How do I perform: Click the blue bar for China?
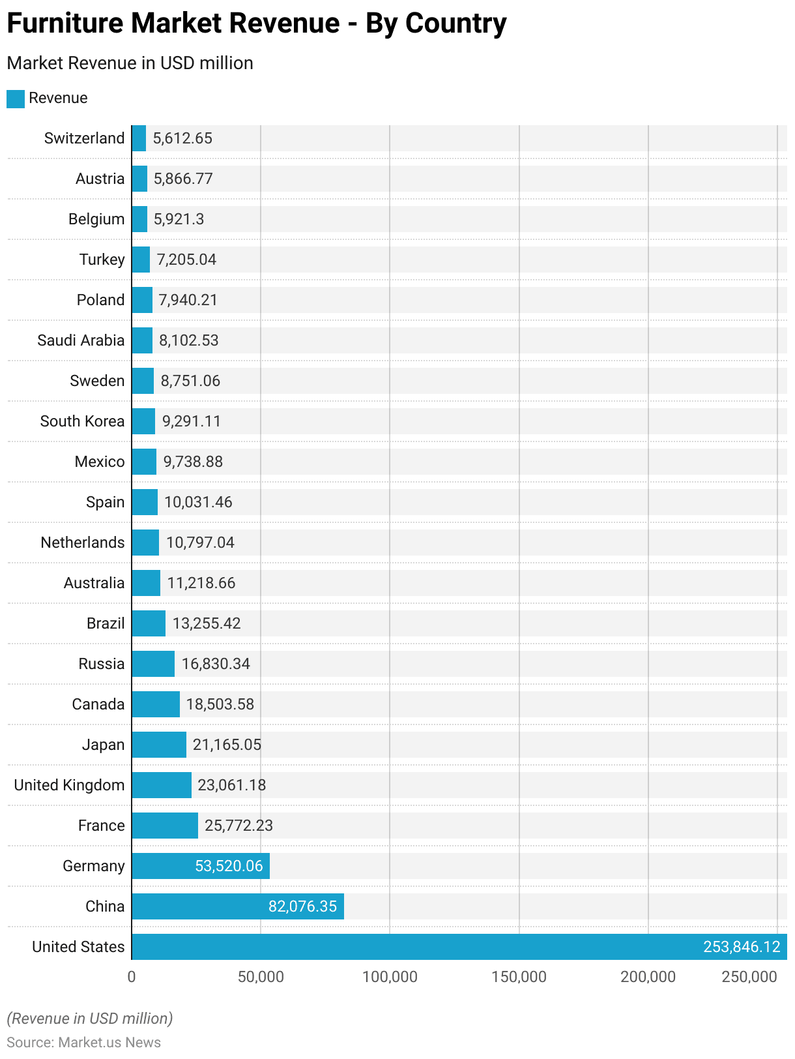pos(238,906)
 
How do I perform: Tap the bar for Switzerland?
pos(139,138)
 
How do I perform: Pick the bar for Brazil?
pos(149,623)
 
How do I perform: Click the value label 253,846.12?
pos(742,947)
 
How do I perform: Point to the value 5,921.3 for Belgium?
pos(179,219)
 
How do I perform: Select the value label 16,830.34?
pos(216,664)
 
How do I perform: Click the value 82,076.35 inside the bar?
pos(302,906)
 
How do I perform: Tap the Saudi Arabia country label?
pos(81,340)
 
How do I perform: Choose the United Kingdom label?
pos(69,785)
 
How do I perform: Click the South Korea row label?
pos(82,421)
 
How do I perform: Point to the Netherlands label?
pos(82,543)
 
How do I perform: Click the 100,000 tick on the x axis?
pos(390,977)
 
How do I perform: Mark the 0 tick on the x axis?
pos(132,977)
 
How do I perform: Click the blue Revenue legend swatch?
pos(16,98)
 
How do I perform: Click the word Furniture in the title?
pos(65,23)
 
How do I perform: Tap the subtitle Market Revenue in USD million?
pos(130,63)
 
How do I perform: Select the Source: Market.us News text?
pos(83,1042)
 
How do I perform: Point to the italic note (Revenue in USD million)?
pos(89,1019)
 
